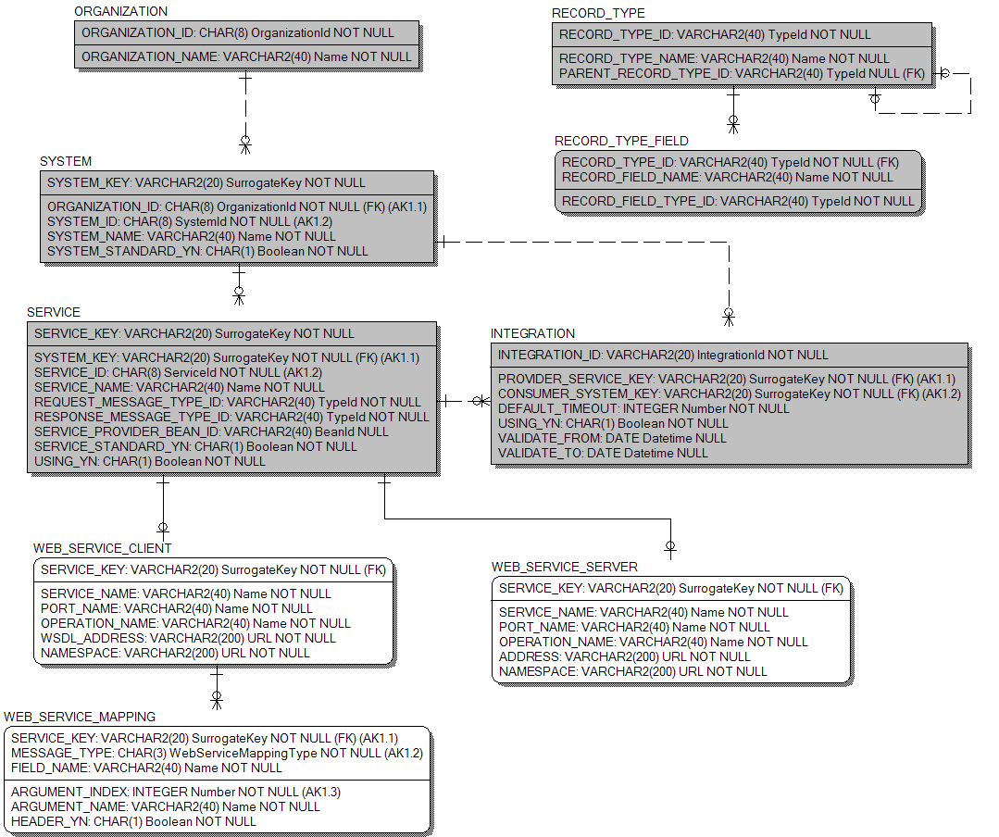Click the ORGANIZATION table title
pyautogui.click(x=120, y=12)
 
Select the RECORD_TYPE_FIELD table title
pyautogui.click(x=621, y=141)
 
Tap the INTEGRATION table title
pyautogui.click(x=532, y=333)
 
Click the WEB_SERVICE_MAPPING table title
pyautogui.click(x=80, y=717)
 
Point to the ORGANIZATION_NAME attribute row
pyautogui.click(x=246, y=56)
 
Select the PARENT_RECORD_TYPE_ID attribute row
pyautogui.click(x=742, y=73)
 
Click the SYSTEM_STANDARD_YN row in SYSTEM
pyautogui.click(x=207, y=251)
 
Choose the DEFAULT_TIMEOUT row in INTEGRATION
pyautogui.click(x=643, y=408)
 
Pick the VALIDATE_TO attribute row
pyautogui.click(x=603, y=453)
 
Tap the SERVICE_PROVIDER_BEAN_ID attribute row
pyautogui.click(x=211, y=431)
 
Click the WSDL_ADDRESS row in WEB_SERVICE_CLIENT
pyautogui.click(x=188, y=638)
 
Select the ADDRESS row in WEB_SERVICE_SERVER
pyautogui.click(x=624, y=656)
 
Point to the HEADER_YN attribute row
pyautogui.click(x=133, y=821)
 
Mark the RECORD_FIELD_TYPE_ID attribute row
pyautogui.click(x=738, y=201)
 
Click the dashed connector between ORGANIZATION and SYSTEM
pyautogui.click(x=245, y=109)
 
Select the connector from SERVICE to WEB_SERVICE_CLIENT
pyautogui.click(x=163, y=505)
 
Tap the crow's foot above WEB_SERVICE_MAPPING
pyautogui.click(x=217, y=699)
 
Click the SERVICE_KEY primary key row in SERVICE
pyautogui.click(x=194, y=333)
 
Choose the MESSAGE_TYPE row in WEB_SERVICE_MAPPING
pyautogui.click(x=217, y=753)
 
